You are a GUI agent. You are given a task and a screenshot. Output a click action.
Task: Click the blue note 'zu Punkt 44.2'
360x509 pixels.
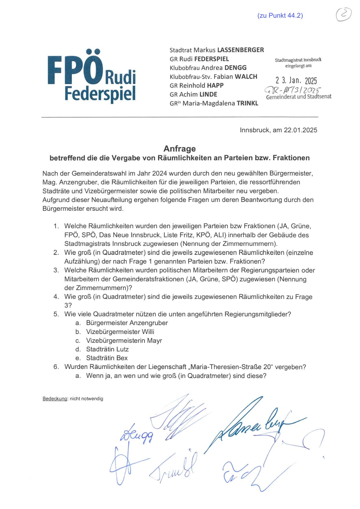pyautogui.click(x=280, y=16)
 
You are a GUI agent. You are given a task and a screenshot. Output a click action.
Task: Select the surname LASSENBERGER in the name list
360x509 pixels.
pyautogui.click(x=240, y=50)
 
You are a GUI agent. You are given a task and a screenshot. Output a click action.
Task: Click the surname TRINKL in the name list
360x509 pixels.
pyautogui.click(x=247, y=103)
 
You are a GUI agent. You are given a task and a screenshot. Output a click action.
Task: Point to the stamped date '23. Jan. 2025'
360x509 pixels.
pyautogui.click(x=296, y=80)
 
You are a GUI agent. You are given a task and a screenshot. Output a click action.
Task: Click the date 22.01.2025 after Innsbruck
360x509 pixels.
pyautogui.click(x=301, y=130)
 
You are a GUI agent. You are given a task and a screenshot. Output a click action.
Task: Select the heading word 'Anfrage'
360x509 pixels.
pyautogui.click(x=180, y=149)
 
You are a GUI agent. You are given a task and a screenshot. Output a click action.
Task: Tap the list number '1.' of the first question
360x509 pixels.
pyautogui.click(x=56, y=226)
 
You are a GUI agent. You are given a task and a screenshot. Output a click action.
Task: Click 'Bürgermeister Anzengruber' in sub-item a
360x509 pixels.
pyautogui.click(x=127, y=323)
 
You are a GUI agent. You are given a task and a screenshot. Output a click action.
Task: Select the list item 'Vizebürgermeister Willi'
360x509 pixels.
pyautogui.click(x=120, y=332)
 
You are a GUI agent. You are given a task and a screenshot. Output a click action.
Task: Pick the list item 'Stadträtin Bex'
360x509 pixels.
pyautogui.click(x=107, y=358)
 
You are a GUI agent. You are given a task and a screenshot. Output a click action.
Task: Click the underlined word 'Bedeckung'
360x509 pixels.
pyautogui.click(x=55, y=399)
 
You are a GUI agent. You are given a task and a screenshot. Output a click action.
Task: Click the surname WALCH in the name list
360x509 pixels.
pyautogui.click(x=246, y=77)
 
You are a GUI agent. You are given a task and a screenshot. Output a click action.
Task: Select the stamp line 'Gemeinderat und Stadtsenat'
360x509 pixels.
pyautogui.click(x=299, y=97)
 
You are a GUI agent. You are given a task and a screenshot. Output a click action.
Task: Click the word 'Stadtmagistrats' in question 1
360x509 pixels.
pyautogui.click(x=88, y=244)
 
